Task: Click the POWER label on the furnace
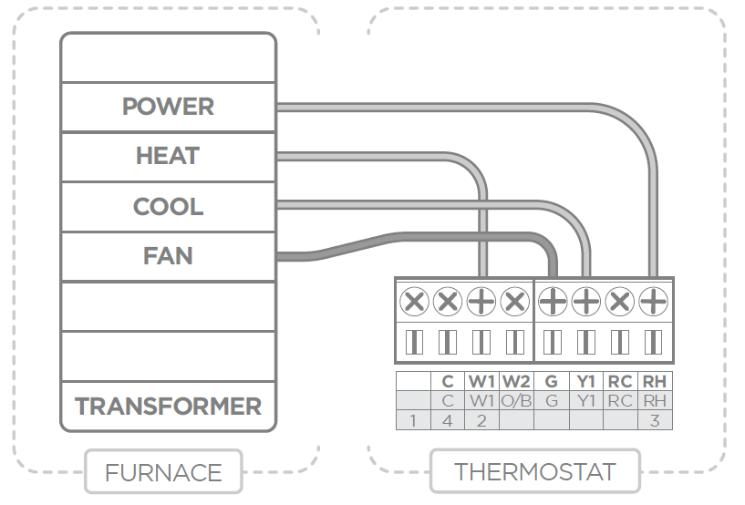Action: [168, 107]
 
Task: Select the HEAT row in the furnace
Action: [168, 156]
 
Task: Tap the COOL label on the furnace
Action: [168, 206]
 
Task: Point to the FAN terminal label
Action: [168, 255]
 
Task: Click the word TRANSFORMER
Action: [168, 406]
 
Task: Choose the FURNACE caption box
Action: [163, 472]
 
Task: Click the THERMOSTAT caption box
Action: [534, 472]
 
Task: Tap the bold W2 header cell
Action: [516, 381]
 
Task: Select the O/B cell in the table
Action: [516, 400]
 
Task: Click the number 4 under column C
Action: [447, 420]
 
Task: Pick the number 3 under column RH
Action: [655, 420]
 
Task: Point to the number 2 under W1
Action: [481, 420]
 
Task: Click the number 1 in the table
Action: [413, 420]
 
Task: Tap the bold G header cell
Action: [551, 381]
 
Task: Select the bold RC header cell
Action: [620, 381]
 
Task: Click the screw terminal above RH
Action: [654, 301]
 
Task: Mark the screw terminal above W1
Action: [481, 301]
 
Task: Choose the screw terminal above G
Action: [552, 301]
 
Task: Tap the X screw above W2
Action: [515, 301]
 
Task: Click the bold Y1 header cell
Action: [585, 381]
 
